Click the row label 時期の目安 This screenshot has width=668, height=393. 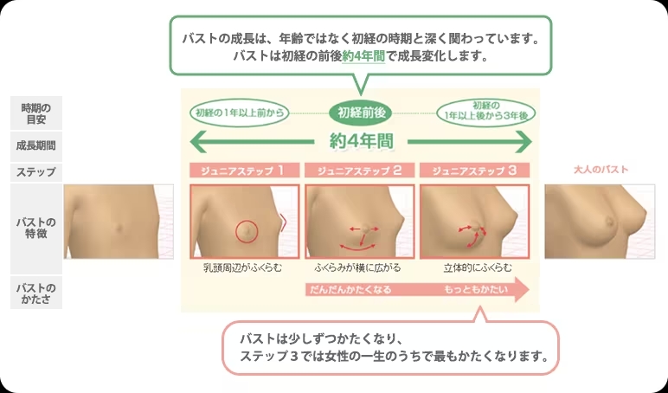tap(36, 113)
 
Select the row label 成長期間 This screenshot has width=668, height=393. tap(36, 145)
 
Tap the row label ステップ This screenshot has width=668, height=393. tap(36, 172)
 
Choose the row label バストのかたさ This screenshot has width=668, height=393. tap(36, 293)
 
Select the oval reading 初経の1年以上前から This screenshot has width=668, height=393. tap(240, 113)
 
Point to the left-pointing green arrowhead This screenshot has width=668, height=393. tap(196, 140)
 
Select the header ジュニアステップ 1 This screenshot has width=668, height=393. tap(245, 171)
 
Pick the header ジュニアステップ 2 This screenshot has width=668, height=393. tap(360, 171)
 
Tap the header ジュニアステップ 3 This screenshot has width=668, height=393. tap(474, 171)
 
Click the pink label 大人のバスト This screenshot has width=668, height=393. tap(601, 171)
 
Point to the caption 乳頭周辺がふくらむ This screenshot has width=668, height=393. tap(245, 267)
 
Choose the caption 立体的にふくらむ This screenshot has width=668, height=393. tap(474, 267)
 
